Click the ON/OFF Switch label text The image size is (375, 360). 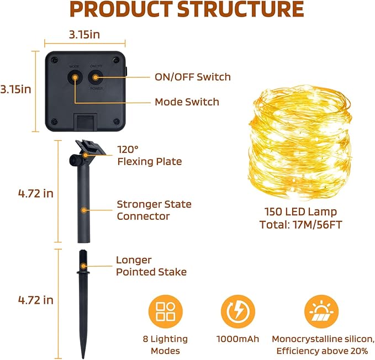[x=193, y=77]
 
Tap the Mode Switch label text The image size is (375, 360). [x=187, y=102]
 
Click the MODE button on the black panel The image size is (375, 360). [x=75, y=77]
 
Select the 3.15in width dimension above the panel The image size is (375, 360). [x=84, y=35]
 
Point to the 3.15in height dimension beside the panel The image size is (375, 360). [x=16, y=89]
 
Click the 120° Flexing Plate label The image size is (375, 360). [x=150, y=156]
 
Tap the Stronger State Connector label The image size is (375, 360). [x=154, y=210]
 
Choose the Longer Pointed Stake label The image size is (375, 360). [x=151, y=266]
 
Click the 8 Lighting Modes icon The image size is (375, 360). [x=166, y=312]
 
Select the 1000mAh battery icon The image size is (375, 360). [x=237, y=312]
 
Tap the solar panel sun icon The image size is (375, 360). [x=321, y=312]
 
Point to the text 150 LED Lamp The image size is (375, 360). [x=300, y=212]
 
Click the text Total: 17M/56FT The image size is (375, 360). [x=300, y=225]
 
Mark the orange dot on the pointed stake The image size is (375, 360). [x=83, y=266]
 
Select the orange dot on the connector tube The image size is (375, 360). [x=84, y=210]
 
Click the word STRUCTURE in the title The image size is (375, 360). [x=241, y=9]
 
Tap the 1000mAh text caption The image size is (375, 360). [x=237, y=339]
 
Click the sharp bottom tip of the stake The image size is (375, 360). [x=83, y=358]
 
